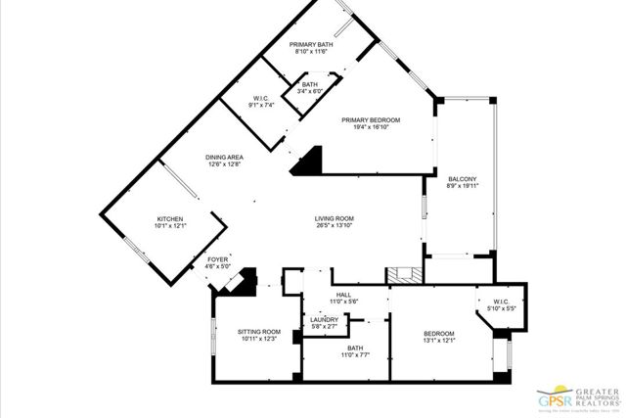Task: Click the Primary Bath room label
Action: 313,45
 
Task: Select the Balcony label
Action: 462,179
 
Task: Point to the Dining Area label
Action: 224,158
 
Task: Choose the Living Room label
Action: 334,218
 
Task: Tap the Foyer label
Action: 217,259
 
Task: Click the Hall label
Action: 343,294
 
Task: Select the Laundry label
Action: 324,319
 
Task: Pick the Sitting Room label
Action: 258,332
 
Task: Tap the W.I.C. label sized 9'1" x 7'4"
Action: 260,97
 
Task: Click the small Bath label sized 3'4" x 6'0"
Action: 309,85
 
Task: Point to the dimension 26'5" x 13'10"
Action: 334,226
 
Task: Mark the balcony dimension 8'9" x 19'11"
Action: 462,187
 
